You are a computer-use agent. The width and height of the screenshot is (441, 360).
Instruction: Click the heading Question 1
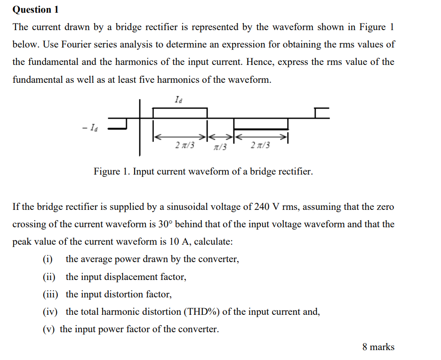point(32,9)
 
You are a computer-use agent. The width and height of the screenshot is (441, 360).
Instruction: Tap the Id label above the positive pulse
point(178,100)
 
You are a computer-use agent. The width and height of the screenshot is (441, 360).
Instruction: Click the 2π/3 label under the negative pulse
point(260,145)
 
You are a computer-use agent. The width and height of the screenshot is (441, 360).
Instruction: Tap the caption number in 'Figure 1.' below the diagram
point(126,172)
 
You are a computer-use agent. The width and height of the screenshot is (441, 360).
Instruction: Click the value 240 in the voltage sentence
point(262,207)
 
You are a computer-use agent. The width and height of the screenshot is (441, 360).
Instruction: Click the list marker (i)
point(48,259)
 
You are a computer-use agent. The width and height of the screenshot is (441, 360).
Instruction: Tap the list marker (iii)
point(50,295)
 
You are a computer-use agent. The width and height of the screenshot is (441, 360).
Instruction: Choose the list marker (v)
point(48,329)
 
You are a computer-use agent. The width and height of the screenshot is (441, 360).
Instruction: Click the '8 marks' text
point(378,347)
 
